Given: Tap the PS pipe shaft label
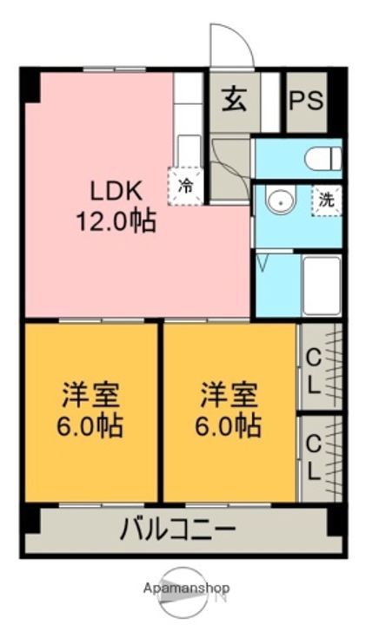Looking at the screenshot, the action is (x=306, y=101).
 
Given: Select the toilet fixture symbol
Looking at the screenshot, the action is (x=323, y=158).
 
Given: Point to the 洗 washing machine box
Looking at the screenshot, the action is (x=327, y=201).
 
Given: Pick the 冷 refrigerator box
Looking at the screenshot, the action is (x=186, y=186).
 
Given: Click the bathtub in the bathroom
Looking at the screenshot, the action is (x=322, y=286).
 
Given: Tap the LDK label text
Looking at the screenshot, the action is (x=116, y=191).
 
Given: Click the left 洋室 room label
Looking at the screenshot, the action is (x=90, y=395).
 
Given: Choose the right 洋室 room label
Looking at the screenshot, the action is (x=229, y=395).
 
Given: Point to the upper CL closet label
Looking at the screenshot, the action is (x=313, y=372).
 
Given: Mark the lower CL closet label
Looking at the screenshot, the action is (x=313, y=457).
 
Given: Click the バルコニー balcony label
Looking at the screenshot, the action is (x=178, y=530).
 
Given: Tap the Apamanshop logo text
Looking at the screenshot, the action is (x=186, y=588).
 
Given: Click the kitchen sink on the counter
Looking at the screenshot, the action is (x=189, y=150).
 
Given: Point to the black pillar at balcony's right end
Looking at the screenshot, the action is (x=335, y=521).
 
